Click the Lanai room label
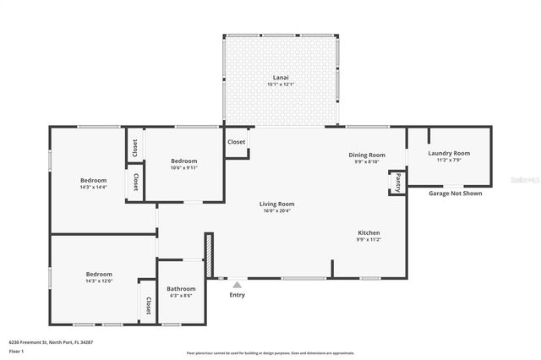coord(281,77)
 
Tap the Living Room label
coord(276,204)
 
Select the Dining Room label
coord(367,155)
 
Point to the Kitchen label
coord(368,232)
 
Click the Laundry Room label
coord(449,153)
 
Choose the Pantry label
coord(396,181)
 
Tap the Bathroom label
coord(181,288)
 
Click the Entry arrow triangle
coord(237,286)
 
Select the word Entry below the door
coord(237,295)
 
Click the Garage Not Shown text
coord(454,193)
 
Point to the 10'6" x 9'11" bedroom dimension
coord(184,167)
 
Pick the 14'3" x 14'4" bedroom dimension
coord(93,187)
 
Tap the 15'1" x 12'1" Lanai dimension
coord(281,84)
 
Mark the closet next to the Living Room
coord(237,142)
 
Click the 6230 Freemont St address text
coord(51,342)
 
